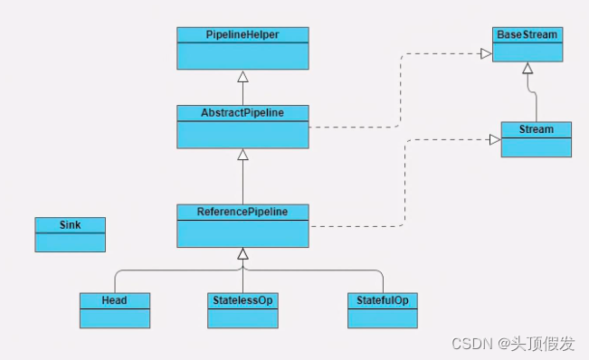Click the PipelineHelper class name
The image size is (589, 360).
pos(242,34)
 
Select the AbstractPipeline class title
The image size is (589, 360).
pos(242,112)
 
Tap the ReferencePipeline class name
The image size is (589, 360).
pos(242,212)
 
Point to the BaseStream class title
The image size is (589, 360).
pos(527,34)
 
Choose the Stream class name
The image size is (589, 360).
pos(537,129)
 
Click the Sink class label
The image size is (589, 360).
pos(70,223)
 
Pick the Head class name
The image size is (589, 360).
pos(114,298)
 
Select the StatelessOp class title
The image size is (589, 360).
pos(242,298)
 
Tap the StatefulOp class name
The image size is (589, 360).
pos(383,298)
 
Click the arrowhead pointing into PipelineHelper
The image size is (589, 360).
pos(242,75)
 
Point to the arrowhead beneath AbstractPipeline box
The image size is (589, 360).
pos(242,155)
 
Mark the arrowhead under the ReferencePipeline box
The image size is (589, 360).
pos(242,253)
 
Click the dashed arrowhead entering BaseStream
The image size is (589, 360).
pos(487,54)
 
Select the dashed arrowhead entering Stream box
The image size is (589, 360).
pos(495,139)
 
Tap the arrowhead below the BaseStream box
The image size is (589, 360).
pos(527,67)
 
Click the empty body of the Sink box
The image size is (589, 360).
pos(70,241)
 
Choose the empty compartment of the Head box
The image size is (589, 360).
pos(114,317)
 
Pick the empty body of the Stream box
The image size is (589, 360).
pos(537,147)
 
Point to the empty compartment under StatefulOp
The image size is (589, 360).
pos(383,317)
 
